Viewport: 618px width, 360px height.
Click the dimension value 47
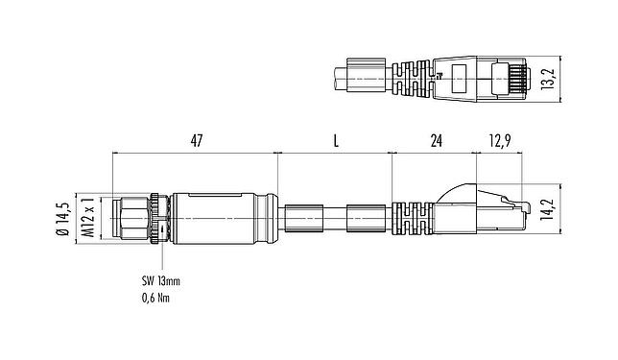pyautogui.click(x=196, y=141)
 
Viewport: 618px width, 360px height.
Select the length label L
pyautogui.click(x=335, y=141)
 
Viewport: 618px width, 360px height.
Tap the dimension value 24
pyautogui.click(x=436, y=141)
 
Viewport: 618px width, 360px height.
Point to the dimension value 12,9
pyautogui.click(x=499, y=141)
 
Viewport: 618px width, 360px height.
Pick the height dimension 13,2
pyautogui.click(x=548, y=77)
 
